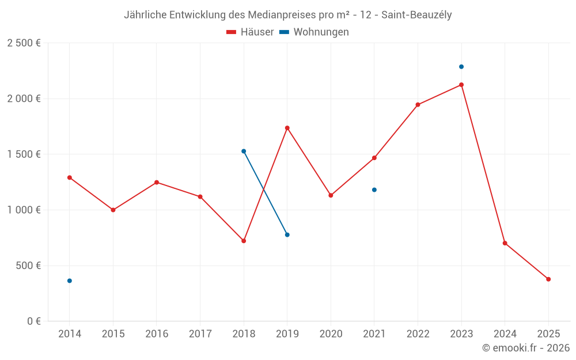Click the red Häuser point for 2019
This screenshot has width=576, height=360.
[287, 128]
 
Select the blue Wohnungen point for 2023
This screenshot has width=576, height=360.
[461, 67]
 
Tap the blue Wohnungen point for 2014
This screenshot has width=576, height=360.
[70, 281]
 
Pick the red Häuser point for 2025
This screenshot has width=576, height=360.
[548, 279]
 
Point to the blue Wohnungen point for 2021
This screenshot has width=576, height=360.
[374, 190]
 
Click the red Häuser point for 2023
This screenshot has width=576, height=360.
[461, 85]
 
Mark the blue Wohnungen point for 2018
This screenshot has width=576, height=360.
[244, 151]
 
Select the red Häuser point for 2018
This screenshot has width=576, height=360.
[244, 241]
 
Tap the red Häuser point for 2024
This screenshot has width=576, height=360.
[505, 243]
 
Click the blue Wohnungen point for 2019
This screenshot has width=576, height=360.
[287, 234]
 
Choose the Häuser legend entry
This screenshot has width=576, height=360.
[250, 32]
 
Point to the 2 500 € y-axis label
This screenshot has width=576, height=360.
[24, 43]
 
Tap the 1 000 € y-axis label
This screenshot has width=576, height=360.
[24, 210]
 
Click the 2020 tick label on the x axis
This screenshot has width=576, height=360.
[331, 334]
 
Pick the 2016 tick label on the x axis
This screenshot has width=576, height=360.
[157, 334]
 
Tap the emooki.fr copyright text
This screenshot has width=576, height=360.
[525, 348]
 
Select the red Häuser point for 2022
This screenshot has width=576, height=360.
[418, 105]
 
